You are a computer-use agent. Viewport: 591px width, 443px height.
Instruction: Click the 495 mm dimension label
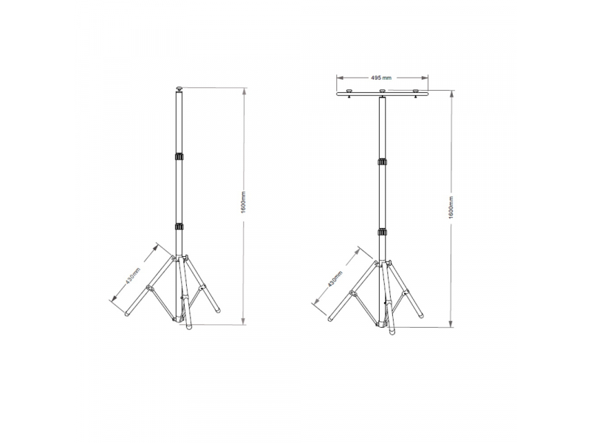click(381, 78)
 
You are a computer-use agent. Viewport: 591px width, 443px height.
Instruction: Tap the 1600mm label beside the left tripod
click(244, 202)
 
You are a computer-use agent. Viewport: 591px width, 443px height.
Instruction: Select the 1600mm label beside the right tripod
click(451, 207)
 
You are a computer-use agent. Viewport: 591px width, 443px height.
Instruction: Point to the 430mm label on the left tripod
click(133, 275)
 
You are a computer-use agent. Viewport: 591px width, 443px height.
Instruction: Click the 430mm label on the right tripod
click(335, 279)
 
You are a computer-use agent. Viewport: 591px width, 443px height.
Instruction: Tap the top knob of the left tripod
click(180, 89)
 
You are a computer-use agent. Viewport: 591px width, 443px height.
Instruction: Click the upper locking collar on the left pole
click(180, 157)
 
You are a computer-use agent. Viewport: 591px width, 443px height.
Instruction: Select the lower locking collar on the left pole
click(180, 227)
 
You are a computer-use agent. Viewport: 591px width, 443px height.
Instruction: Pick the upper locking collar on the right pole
click(382, 162)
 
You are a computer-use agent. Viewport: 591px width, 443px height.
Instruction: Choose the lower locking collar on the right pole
click(382, 232)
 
